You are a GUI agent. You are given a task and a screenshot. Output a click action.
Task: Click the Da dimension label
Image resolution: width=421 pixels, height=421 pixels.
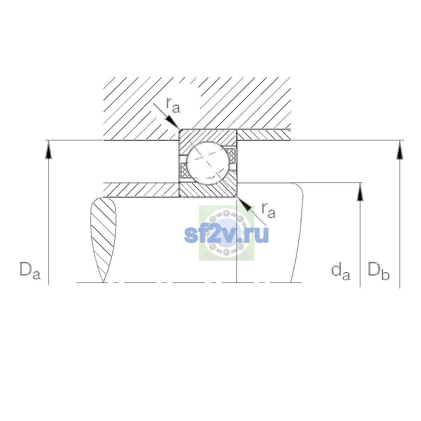coord(30,271)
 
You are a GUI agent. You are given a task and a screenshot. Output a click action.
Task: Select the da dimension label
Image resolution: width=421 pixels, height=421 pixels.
coord(341,273)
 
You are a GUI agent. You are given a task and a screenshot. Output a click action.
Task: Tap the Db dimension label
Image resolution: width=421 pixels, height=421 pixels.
coord(379,272)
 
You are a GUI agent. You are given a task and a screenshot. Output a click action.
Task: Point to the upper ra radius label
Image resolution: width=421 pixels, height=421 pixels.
coord(173,105)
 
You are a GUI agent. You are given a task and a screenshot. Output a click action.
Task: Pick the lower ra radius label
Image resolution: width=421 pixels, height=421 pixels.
coord(268,210)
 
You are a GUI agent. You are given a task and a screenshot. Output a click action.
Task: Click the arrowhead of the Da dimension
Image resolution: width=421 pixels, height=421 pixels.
coord(48,150)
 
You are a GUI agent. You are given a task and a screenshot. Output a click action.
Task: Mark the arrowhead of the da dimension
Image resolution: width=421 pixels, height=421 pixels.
coord(360,192)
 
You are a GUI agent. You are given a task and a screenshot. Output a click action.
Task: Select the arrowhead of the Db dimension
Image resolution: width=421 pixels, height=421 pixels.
coord(400,150)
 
